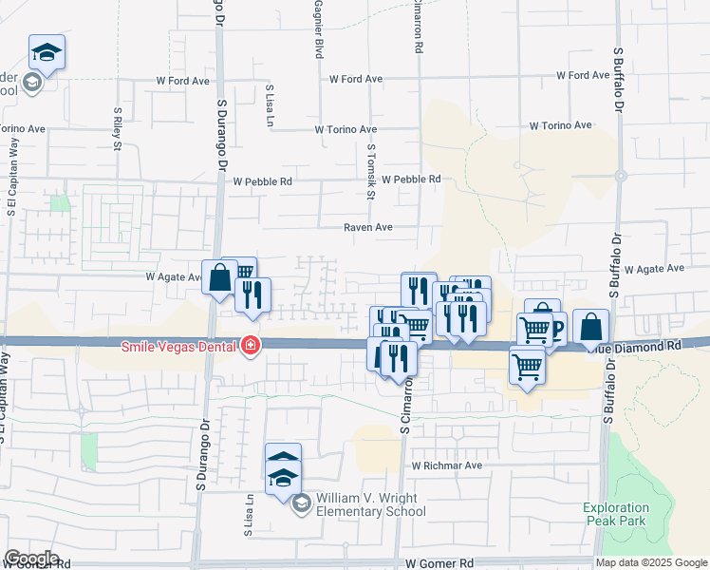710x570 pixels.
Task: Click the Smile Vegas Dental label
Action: tap(179, 345)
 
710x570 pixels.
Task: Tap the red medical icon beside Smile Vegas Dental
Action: tap(251, 345)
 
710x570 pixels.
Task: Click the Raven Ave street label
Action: tap(368, 228)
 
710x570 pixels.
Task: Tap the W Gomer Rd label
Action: tap(439, 563)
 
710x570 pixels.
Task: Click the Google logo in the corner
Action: tap(31, 559)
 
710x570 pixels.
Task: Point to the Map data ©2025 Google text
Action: tap(651, 562)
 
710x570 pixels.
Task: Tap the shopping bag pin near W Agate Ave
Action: tap(219, 278)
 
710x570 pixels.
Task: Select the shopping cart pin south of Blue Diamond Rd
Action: tap(527, 364)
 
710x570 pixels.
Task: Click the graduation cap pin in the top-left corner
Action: tap(47, 52)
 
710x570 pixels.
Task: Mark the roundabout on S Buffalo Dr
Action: tap(619, 176)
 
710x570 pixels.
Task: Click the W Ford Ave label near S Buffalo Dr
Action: tap(583, 75)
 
